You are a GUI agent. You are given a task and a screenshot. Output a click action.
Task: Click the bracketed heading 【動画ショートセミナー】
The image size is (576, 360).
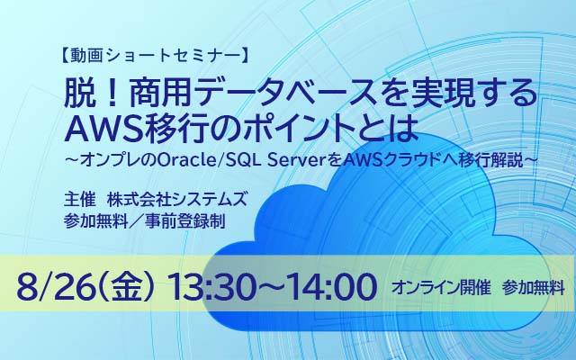(x=155, y=56)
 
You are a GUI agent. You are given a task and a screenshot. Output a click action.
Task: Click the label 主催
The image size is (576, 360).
(x=79, y=200)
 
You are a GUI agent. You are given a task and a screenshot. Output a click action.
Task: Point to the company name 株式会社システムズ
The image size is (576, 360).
(x=176, y=200)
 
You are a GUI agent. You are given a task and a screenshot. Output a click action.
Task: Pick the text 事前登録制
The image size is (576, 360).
(x=184, y=221)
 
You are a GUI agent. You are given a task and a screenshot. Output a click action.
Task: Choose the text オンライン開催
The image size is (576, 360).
(x=441, y=288)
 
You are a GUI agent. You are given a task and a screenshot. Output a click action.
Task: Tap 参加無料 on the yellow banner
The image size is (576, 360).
(x=533, y=288)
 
